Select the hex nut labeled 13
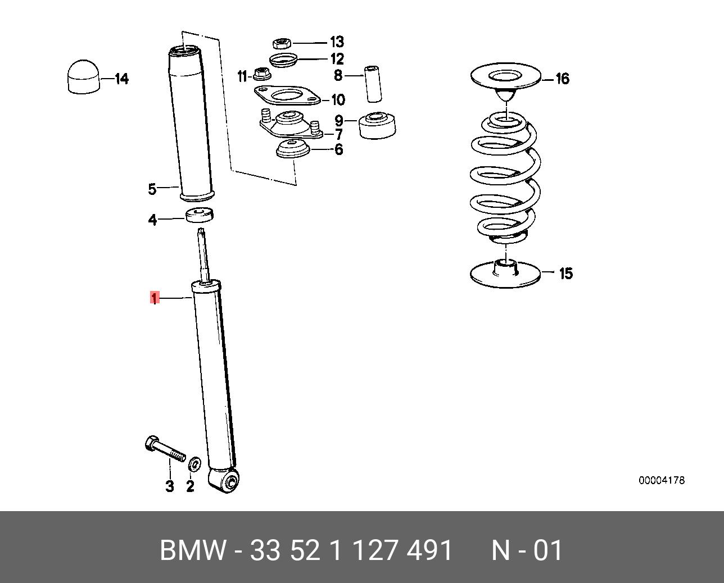coord(280,43)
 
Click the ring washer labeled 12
coord(283,59)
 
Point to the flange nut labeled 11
coord(261,74)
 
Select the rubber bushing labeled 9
coord(376,125)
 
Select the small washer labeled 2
coord(195,463)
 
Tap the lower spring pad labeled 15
coord(505,274)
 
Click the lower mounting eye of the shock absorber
coord(229,481)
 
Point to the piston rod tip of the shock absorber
coord(201,232)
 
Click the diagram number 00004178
coord(661,480)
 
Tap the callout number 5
coord(152,189)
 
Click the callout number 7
coord(338,135)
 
